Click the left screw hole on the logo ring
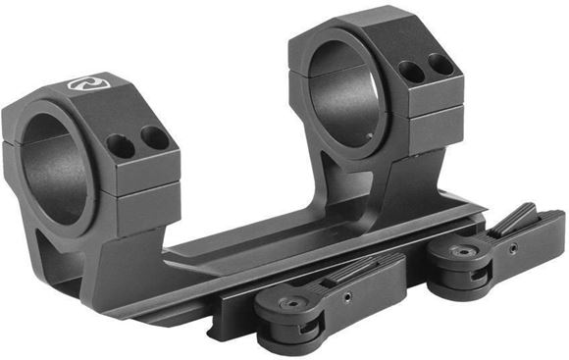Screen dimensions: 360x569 pos(121,146)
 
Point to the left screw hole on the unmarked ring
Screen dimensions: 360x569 pos(410,73)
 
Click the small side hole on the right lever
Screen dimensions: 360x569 pos(511,245)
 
